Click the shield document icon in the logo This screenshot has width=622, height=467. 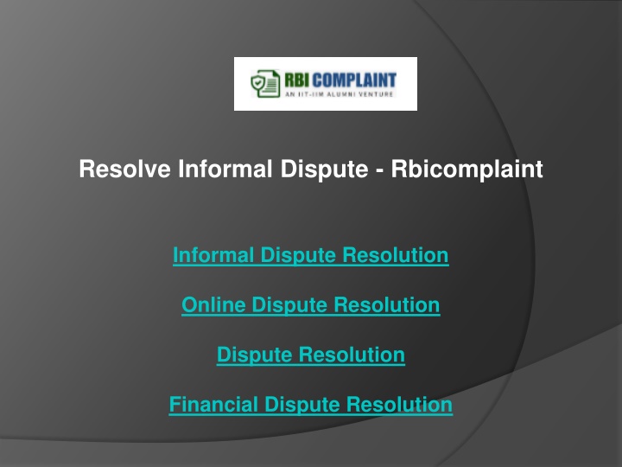(x=265, y=83)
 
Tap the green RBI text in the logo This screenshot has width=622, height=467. (x=297, y=80)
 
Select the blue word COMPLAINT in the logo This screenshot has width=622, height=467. (x=354, y=80)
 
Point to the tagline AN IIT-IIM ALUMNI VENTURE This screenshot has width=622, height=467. (x=340, y=94)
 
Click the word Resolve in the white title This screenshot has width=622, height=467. (x=124, y=169)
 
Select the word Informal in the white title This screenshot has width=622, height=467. (x=225, y=169)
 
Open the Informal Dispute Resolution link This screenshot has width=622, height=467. (x=311, y=255)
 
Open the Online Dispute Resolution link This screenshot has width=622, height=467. (x=311, y=305)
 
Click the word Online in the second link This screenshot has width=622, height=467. (x=213, y=304)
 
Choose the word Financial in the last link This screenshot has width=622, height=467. (x=213, y=404)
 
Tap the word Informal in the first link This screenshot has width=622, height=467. (x=213, y=255)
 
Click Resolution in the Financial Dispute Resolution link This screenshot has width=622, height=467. (x=399, y=404)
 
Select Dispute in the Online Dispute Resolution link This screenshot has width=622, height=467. (x=289, y=306)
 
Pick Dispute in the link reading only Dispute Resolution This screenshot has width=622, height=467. (x=254, y=355)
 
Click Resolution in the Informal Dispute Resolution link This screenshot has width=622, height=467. (x=396, y=255)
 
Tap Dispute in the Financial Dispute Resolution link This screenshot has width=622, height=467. (x=301, y=406)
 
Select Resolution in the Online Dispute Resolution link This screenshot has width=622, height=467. (x=387, y=304)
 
